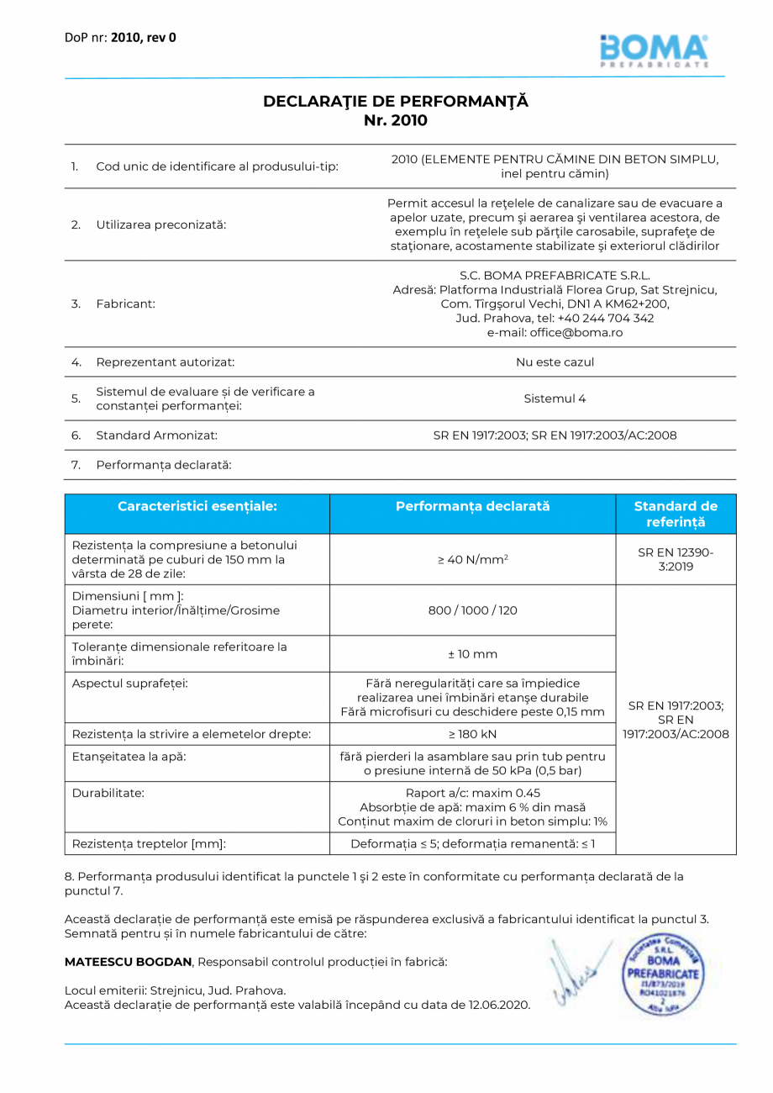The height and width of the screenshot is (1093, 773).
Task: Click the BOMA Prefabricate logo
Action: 654,50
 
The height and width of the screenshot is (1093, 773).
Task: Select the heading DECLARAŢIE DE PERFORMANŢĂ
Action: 396,101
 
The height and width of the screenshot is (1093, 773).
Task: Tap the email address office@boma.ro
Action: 555,333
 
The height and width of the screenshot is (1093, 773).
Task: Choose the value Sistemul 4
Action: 555,399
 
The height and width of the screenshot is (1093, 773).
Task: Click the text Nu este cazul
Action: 555,362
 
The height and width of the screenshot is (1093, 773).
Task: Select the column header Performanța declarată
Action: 472,506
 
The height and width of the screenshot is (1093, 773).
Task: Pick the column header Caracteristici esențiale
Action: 197,506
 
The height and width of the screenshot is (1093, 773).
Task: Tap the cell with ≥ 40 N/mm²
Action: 472,559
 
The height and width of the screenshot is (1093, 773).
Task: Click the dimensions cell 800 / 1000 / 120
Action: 472,610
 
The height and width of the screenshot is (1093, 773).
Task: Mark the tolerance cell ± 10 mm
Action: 472,653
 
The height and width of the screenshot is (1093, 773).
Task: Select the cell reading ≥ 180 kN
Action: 472,734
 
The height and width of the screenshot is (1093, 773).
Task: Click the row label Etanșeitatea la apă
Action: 129,756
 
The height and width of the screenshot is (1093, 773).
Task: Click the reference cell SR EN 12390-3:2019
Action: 676,559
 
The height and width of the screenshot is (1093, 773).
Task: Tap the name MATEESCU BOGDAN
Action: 129,961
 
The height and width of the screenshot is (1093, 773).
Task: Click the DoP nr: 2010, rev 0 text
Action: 120,37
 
